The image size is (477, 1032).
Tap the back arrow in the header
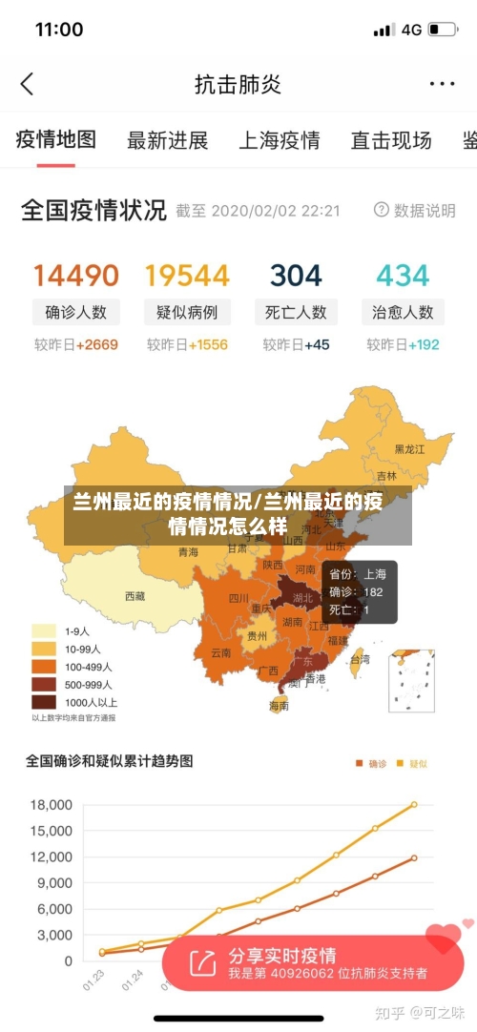coord(27,84)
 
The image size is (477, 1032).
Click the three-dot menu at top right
coord(442,84)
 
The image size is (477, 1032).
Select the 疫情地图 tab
coord(56,140)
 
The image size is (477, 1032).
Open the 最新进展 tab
coord(167,141)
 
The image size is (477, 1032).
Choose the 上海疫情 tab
coord(279,141)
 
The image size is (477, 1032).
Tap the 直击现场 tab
coord(390,141)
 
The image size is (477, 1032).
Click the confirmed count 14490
coord(76,276)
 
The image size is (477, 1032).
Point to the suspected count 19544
coord(187,276)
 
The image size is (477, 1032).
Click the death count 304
coord(296,276)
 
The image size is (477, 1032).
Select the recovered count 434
coord(403,276)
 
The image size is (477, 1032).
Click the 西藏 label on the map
coord(135,596)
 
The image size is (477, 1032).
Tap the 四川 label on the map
coord(238,599)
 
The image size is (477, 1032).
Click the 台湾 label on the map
coord(360,659)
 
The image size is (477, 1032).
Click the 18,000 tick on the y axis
coord(52,804)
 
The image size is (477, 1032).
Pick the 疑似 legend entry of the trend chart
coord(412,763)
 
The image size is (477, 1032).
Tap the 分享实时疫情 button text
coord(281,955)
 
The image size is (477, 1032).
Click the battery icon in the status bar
coord(442,30)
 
